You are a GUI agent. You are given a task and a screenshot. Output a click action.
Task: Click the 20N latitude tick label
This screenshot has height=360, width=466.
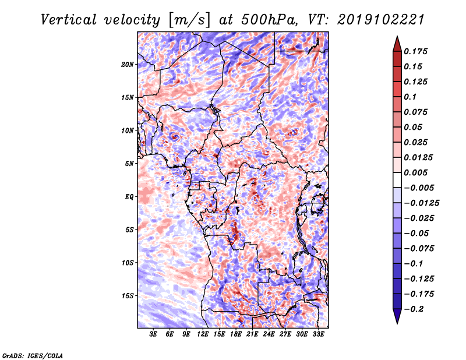coord(128,64)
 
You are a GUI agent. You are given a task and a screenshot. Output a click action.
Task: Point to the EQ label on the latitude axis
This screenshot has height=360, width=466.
coord(130,196)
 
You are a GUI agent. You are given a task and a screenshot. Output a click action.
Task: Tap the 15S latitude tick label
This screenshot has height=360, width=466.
coord(128,296)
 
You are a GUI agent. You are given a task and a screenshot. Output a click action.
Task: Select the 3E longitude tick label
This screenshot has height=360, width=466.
coord(154,336)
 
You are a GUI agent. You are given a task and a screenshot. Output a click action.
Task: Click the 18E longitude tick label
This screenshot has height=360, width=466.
coord(236,336)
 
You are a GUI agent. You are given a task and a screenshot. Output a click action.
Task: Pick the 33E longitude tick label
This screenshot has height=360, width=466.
coord(318,336)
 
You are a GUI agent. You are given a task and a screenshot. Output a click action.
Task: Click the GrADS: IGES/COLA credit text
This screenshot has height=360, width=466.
coord(32,355)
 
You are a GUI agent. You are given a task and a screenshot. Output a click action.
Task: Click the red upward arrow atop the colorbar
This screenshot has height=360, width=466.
coord(396,43)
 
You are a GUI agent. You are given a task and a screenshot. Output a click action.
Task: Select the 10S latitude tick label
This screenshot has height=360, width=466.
coord(128,263)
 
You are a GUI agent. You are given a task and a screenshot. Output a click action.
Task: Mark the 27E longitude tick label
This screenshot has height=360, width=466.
coord(285,336)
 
